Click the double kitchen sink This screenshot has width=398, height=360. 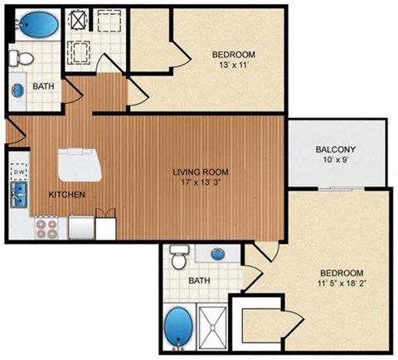[17, 197]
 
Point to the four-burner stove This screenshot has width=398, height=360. [46, 226]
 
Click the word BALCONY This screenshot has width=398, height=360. [336, 150]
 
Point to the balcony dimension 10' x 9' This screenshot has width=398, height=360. [336, 162]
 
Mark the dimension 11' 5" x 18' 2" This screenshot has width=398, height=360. [341, 285]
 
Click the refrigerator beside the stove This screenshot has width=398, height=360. [82, 226]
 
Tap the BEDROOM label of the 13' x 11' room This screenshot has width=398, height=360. [233, 55]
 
